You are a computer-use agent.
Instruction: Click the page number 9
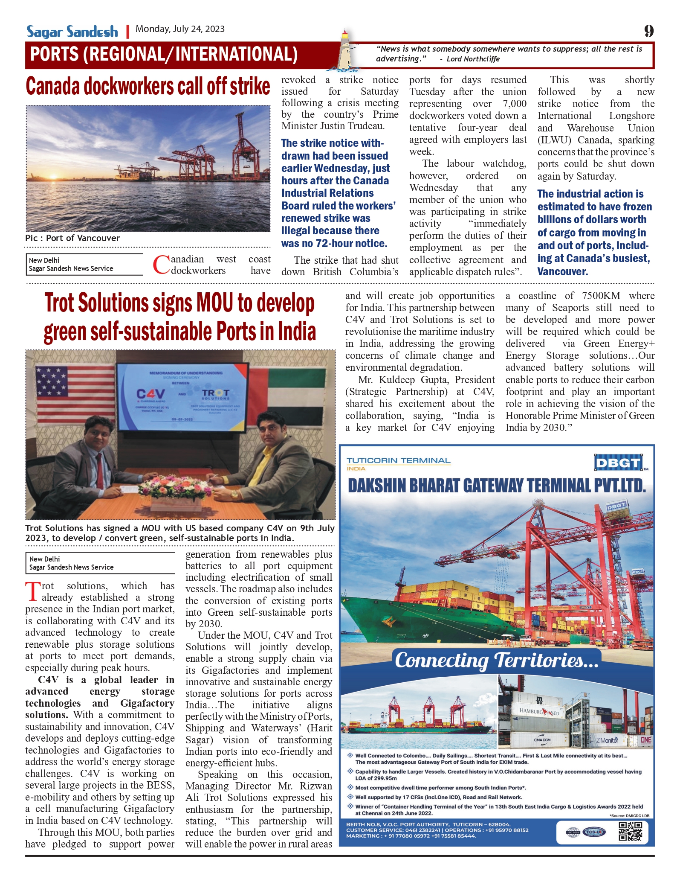click(648, 31)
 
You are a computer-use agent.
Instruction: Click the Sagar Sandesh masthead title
click(72, 32)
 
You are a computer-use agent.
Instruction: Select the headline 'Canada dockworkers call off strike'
click(148, 87)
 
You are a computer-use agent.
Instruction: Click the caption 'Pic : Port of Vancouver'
click(72, 238)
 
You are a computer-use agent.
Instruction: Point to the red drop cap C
click(161, 265)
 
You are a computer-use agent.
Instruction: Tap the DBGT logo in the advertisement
click(618, 463)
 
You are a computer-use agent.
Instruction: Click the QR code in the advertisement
click(630, 832)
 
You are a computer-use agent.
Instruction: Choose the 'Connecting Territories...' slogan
click(497, 660)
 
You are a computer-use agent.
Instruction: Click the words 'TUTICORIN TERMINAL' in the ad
click(398, 461)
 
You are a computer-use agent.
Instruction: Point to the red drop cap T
click(33, 591)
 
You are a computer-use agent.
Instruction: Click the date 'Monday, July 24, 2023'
click(180, 29)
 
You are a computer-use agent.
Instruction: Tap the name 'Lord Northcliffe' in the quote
click(473, 59)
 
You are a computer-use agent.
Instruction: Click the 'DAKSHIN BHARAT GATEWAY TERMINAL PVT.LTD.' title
click(497, 486)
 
